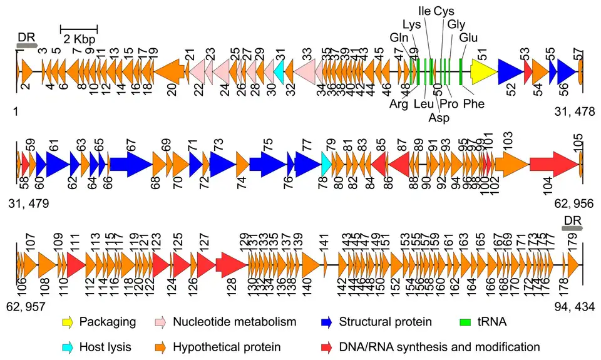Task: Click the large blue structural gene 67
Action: pyautogui.click(x=131, y=165)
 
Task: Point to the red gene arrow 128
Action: pyautogui.click(x=231, y=264)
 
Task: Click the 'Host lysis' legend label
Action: pyautogui.click(x=105, y=346)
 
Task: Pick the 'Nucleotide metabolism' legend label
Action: pyautogui.click(x=234, y=322)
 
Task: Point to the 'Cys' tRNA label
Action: pyautogui.click(x=444, y=11)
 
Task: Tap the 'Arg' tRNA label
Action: pyautogui.click(x=399, y=104)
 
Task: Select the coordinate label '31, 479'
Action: pyautogui.click(x=31, y=204)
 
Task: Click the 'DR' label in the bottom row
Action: pyautogui.click(x=573, y=220)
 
